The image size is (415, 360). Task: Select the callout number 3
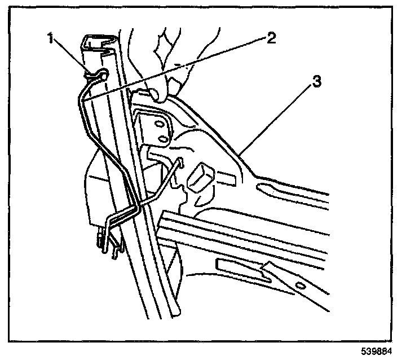click(317, 81)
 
